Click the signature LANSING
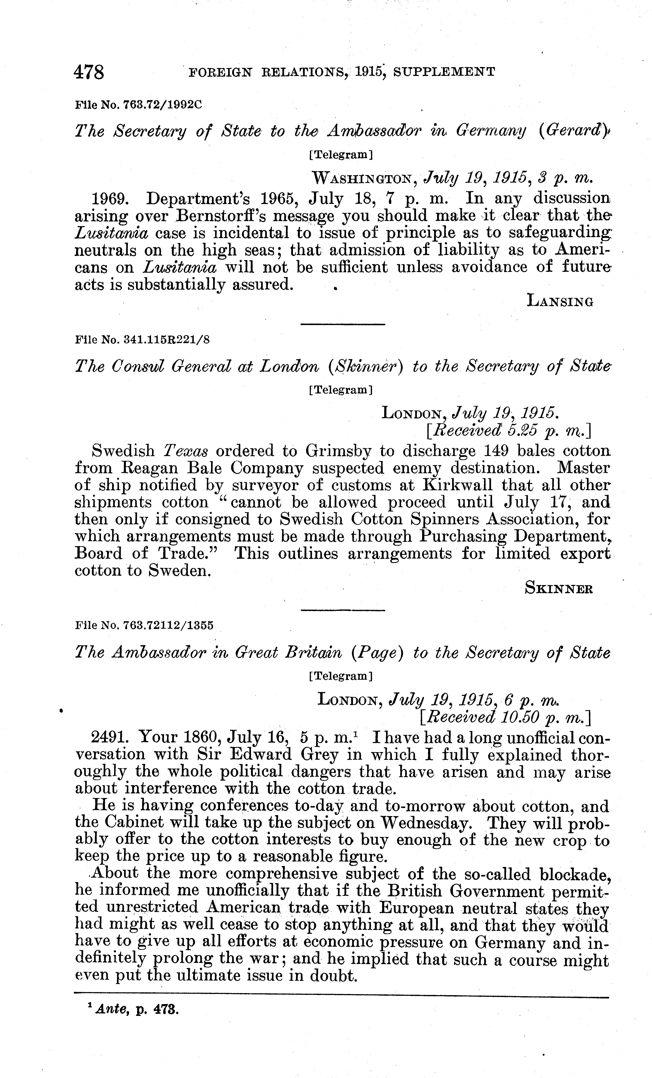click(560, 301)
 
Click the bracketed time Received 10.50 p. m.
click(505, 717)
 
